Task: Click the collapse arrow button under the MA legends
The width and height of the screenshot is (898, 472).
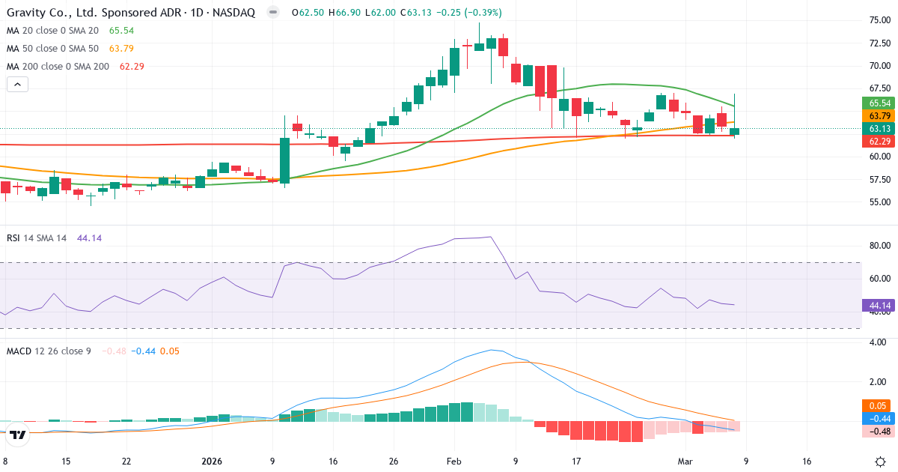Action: [17, 85]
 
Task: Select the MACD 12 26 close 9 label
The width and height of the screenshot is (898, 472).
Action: [49, 351]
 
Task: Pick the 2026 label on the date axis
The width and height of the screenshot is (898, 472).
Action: [212, 462]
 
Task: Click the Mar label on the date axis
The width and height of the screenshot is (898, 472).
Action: [685, 462]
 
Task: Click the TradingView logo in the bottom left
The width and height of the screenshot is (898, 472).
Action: [19, 434]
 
